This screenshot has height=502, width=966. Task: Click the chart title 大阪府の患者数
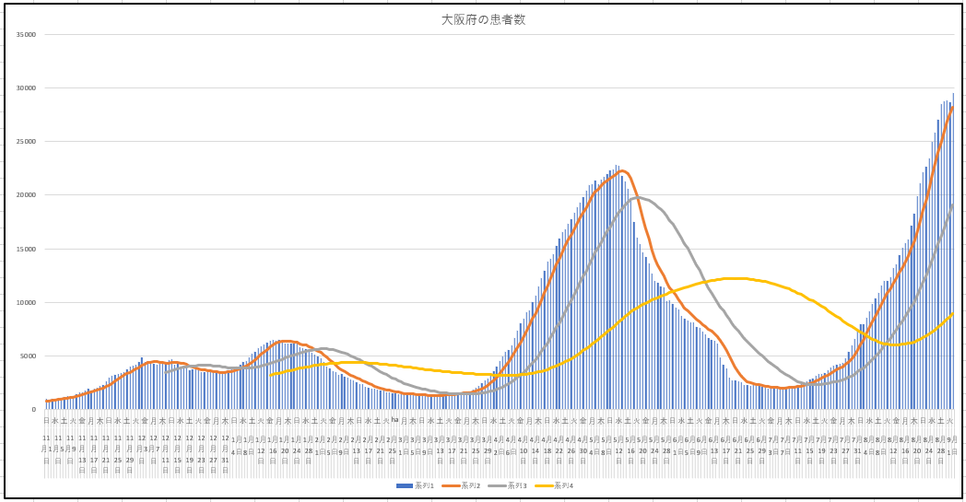click(x=483, y=19)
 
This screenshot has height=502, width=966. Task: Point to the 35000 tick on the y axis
click(x=26, y=35)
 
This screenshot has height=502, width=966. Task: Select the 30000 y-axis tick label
click(x=26, y=88)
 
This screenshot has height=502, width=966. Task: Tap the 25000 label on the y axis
click(x=26, y=142)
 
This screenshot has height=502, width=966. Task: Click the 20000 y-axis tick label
click(x=26, y=195)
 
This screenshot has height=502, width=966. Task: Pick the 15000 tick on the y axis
click(x=26, y=249)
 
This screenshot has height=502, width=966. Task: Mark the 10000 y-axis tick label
click(x=26, y=302)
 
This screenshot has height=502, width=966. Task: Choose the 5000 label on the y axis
click(x=28, y=356)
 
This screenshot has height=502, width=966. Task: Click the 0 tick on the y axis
click(x=33, y=409)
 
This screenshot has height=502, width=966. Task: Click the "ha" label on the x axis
click(x=395, y=419)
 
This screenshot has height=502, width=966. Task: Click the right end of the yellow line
click(x=952, y=314)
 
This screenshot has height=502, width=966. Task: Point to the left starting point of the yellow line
click(x=271, y=374)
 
